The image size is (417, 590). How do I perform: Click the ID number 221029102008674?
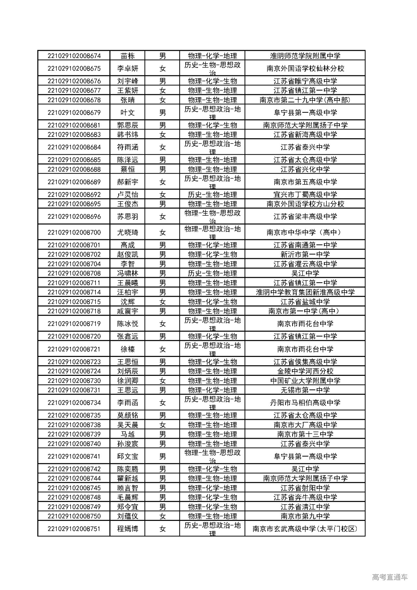(74, 56)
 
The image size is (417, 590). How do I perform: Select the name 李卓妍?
(128, 68)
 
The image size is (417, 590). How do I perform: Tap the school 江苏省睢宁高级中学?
(305, 81)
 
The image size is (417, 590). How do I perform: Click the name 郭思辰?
(128, 125)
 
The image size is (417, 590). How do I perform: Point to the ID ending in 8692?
(74, 195)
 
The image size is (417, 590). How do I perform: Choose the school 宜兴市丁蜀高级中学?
(305, 195)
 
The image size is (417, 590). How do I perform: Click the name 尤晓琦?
(128, 232)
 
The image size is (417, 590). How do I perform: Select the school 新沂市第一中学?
(305, 254)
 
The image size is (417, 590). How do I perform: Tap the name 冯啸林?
(128, 273)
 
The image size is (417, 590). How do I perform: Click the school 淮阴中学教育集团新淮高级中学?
(305, 292)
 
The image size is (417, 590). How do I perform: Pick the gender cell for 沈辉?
(162, 302)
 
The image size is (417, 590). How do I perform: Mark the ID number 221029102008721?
(74, 349)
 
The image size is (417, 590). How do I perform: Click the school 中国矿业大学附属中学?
(305, 380)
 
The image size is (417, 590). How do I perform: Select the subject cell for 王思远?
(212, 390)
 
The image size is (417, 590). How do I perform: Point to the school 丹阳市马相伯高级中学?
(305, 403)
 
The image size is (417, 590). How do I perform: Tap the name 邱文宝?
(128, 456)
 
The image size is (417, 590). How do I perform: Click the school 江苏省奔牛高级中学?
(305, 497)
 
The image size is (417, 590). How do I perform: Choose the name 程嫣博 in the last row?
(128, 529)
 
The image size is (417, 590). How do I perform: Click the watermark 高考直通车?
(390, 577)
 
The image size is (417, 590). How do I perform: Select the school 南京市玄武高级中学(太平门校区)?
(305, 529)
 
